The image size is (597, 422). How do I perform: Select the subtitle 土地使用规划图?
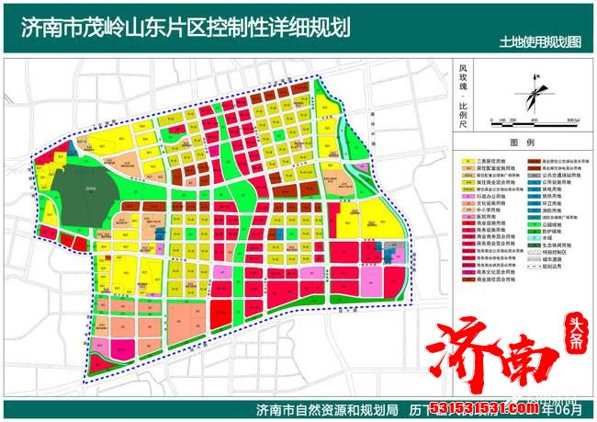point(540,42)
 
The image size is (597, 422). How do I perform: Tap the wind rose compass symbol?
point(529,93)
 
